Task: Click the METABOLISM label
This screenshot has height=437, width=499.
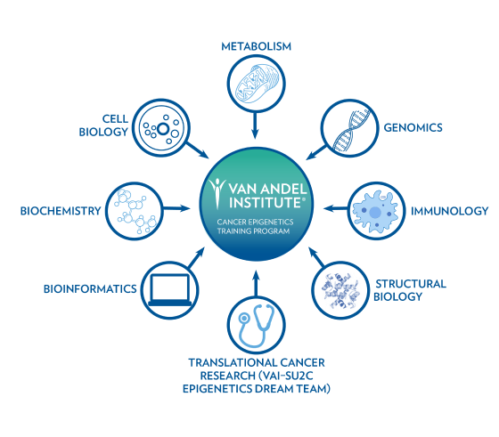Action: point(257,46)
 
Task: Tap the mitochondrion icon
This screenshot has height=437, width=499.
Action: point(257,84)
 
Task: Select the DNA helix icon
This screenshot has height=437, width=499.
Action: point(351,130)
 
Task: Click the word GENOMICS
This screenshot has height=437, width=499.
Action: point(413,128)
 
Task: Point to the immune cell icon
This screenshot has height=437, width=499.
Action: point(375,211)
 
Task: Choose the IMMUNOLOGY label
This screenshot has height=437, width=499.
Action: point(449,211)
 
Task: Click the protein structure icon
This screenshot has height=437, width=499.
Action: point(340,290)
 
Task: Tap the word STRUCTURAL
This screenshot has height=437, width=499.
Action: point(411,284)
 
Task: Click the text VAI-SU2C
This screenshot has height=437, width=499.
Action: point(285,376)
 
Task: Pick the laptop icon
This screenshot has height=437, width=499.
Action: point(170,290)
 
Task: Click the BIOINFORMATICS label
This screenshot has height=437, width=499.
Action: point(90,289)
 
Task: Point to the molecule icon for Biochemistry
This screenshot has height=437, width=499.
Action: point(135,211)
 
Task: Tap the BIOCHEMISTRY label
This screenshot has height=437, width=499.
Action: point(61,211)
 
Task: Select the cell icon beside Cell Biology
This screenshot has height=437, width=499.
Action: point(161,128)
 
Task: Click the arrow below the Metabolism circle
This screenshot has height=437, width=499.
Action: point(255,125)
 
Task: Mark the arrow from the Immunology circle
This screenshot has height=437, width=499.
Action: point(335,209)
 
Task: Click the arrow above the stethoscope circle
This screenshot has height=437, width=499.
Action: point(256,283)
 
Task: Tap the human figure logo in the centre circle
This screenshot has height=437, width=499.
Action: point(217,193)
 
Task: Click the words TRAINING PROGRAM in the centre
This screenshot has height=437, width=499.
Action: point(254,231)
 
